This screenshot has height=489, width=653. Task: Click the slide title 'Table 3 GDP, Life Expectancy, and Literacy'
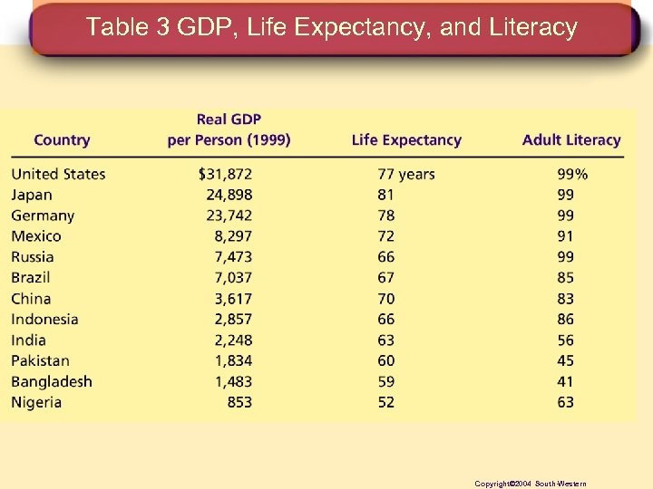click(331, 28)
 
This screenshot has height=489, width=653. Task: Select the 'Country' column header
click(62, 140)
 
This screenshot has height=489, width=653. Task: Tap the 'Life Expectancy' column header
click(406, 140)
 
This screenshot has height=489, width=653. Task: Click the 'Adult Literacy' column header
click(571, 140)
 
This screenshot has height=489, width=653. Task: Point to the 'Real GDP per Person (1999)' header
click(229, 130)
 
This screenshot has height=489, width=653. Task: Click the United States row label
click(58, 174)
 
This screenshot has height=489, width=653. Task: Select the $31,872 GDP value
click(225, 174)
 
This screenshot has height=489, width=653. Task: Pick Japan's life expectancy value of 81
click(386, 195)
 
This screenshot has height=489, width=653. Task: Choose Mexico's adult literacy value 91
click(566, 236)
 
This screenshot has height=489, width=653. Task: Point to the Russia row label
click(33, 257)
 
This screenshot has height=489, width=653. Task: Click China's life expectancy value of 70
click(386, 299)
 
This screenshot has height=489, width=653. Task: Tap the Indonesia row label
click(44, 320)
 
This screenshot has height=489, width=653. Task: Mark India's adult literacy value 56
click(566, 340)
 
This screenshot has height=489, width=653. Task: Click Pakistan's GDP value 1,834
click(233, 361)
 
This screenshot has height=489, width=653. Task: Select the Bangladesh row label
click(52, 382)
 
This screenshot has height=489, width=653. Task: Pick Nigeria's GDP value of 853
click(239, 403)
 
